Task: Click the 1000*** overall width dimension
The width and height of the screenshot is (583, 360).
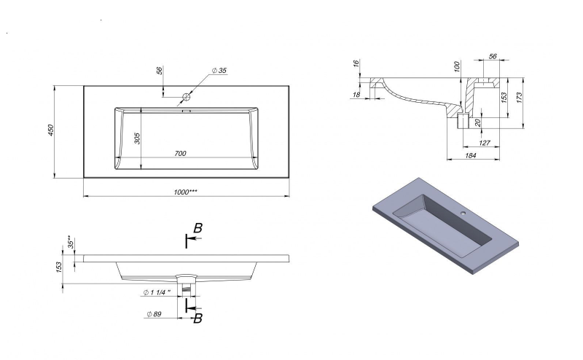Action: click(186, 192)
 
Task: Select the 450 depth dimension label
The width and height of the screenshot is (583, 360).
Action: click(51, 130)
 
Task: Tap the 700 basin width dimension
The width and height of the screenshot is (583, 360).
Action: click(180, 153)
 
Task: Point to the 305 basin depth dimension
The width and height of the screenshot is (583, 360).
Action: click(137, 138)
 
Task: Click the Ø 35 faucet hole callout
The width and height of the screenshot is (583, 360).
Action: click(219, 70)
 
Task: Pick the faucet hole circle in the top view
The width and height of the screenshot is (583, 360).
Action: click(187, 97)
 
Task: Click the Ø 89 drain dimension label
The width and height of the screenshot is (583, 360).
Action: click(154, 314)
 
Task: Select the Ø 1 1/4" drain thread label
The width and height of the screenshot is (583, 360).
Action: click(157, 292)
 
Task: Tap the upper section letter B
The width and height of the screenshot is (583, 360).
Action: click(198, 228)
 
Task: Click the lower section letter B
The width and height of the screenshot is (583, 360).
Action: click(198, 318)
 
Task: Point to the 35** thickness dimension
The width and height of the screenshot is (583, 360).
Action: click(70, 242)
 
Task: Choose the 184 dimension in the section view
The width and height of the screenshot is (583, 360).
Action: click(471, 155)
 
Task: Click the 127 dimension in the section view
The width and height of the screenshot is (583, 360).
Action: click(485, 143)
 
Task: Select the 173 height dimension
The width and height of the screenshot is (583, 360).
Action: click(520, 98)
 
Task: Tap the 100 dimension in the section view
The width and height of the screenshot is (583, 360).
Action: click(457, 67)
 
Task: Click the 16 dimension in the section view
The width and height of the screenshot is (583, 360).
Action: click(356, 63)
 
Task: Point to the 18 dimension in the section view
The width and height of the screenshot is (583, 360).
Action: click(356, 95)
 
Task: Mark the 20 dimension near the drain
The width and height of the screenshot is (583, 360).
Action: click(478, 122)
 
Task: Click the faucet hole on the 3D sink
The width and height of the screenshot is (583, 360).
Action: click(463, 213)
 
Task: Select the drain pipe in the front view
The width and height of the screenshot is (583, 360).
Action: click(187, 289)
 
